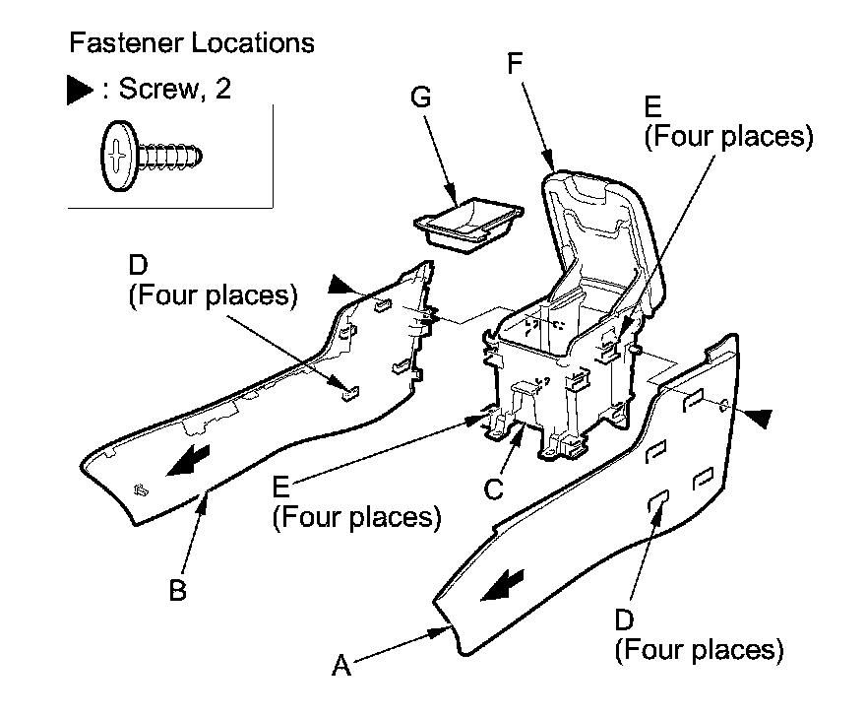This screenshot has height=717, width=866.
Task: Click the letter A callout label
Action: click(341, 667)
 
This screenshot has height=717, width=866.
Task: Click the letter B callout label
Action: click(176, 591)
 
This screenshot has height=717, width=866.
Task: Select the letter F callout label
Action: click(514, 65)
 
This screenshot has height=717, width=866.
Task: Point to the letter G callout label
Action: click(421, 97)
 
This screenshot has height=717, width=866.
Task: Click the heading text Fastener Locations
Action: click(192, 43)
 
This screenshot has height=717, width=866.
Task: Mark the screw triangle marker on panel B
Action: click(342, 286)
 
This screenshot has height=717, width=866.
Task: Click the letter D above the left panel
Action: click(139, 265)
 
